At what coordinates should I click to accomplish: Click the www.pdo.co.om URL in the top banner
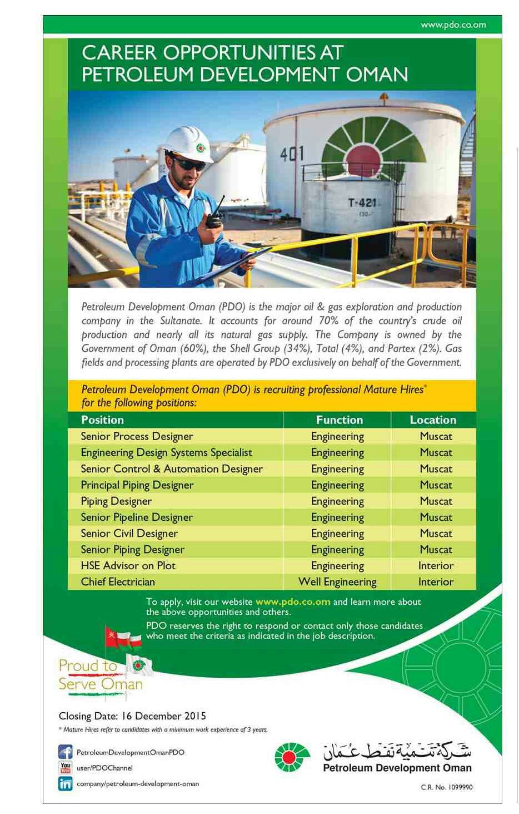pos(453,24)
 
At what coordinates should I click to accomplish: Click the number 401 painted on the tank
pos(292,154)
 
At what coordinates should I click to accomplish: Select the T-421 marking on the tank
pos(362,203)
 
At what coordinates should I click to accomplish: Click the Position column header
pos(102,420)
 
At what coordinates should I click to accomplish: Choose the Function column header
pos(339,420)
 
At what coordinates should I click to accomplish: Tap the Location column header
pos(433,420)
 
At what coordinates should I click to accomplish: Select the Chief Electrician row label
pos(118,582)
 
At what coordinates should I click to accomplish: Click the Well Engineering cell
pos(337,582)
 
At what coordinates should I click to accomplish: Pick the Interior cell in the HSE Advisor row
pos(436,566)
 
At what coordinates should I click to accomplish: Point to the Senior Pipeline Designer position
pos(137,517)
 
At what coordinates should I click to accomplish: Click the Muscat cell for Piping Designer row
pos(436,501)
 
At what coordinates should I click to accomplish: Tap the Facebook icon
pos(66,752)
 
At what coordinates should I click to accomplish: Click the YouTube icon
pos(66,768)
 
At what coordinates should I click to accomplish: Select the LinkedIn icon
pos(66,783)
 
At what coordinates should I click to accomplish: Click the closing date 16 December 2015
pos(132,716)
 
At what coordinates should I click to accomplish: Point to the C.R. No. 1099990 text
pos(447,787)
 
